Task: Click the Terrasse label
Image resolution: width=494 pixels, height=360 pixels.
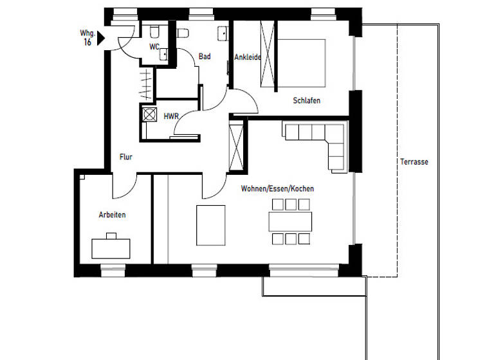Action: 414,162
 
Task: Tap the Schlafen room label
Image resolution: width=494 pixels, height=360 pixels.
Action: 306,101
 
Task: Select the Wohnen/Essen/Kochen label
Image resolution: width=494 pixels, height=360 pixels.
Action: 277,188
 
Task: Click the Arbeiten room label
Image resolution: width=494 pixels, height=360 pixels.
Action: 112,215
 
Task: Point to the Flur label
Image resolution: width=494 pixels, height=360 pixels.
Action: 125,156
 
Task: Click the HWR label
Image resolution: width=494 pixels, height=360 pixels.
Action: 170,116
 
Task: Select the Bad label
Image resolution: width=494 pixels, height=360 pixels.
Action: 205,57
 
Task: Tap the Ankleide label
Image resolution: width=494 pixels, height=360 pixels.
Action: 247,57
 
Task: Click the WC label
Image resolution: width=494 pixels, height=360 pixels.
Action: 154,47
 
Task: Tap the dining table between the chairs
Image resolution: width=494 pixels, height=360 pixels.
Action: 290,222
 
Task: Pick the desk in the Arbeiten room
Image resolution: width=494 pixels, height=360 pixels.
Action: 111,247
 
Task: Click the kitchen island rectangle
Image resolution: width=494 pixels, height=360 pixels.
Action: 211,225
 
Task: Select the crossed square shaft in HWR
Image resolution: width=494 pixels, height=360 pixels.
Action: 149,115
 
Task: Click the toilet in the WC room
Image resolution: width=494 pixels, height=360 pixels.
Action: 155,33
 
